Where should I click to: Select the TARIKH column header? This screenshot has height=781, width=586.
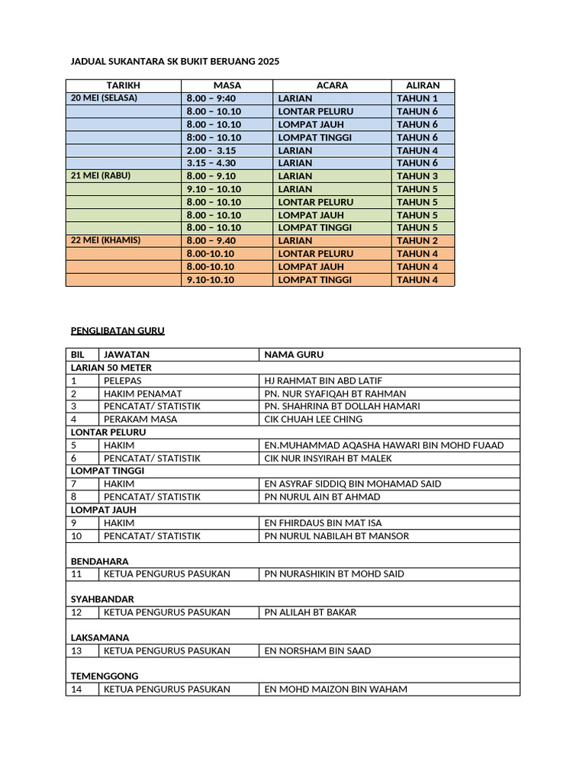[124, 85]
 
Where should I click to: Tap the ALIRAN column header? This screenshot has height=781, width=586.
[423, 85]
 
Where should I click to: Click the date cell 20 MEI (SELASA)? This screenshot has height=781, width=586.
[105, 98]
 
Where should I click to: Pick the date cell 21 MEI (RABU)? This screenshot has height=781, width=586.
[101, 175]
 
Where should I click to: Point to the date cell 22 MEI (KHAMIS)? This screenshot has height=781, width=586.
[106, 240]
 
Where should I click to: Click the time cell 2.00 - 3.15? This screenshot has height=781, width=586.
[211, 150]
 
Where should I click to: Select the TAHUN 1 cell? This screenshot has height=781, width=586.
[417, 98]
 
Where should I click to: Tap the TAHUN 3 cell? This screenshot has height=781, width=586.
[417, 176]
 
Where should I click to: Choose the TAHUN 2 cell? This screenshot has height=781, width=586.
[417, 240]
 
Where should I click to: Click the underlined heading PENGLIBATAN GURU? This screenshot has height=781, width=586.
[118, 331]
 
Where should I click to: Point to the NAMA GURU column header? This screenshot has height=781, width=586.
[294, 355]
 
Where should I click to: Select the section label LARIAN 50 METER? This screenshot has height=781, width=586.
[111, 368]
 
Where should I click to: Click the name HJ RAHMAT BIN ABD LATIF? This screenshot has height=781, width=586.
[324, 381]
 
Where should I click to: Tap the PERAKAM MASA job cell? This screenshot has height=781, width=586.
[140, 419]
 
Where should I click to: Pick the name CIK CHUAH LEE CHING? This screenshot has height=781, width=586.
[314, 419]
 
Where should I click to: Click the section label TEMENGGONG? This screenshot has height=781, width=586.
[105, 676]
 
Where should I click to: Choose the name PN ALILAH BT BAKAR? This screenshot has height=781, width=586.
[311, 612]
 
